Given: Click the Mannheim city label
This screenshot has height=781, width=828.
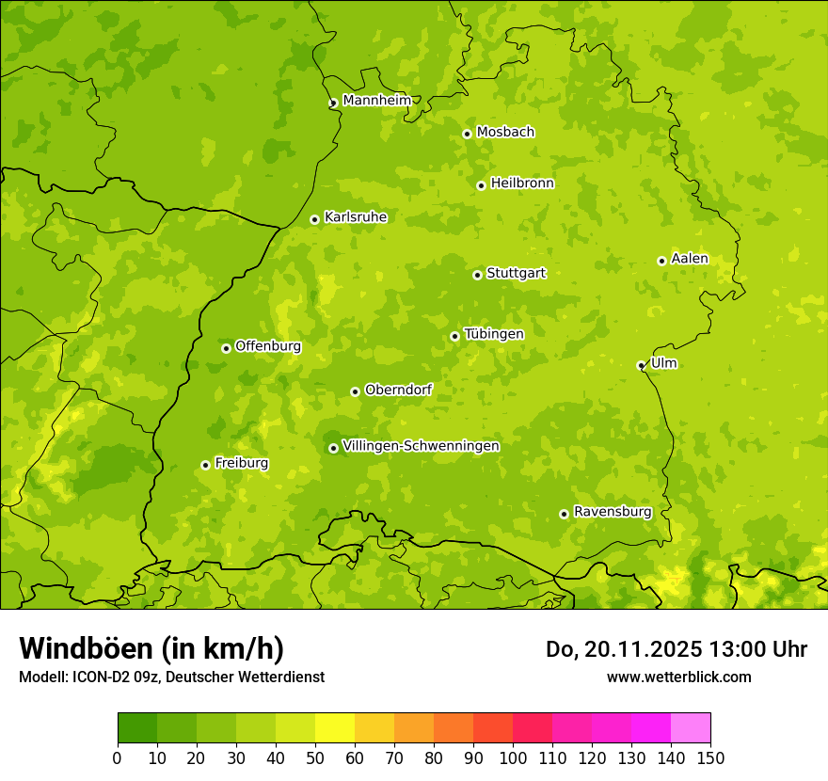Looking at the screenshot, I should click(376, 101).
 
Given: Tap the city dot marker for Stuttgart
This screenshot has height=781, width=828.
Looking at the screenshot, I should click(477, 275).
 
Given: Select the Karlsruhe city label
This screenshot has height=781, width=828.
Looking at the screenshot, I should click(355, 217).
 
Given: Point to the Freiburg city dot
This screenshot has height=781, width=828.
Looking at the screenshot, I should click(205, 465).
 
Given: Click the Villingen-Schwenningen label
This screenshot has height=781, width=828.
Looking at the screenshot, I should click(421, 446).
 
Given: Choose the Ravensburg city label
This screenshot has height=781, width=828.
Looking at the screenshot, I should click(612, 512).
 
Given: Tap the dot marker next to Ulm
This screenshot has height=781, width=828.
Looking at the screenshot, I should click(641, 365).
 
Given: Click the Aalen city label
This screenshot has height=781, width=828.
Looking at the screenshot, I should click(689, 259).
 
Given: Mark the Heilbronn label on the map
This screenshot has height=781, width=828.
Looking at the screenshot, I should click(522, 183).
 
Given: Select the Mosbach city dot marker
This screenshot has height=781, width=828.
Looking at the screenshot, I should click(467, 134).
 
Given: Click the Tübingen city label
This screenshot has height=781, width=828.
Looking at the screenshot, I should click(493, 334).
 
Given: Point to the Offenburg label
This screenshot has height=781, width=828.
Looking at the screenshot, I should click(268, 346).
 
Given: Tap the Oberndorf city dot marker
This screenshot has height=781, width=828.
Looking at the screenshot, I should click(355, 391).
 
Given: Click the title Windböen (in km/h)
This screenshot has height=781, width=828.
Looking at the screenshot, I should click(151, 648).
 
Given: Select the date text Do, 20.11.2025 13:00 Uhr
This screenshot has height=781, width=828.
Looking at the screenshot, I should click(676, 649).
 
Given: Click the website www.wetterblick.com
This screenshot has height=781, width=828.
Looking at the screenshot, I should click(678, 677).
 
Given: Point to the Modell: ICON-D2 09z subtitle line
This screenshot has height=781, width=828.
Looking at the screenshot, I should click(171, 677).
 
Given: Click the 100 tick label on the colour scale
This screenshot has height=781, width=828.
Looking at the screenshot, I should click(513, 757).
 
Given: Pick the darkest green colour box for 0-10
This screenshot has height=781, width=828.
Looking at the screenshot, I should click(137, 728).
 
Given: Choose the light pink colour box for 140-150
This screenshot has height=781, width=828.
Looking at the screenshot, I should click(691, 728).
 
